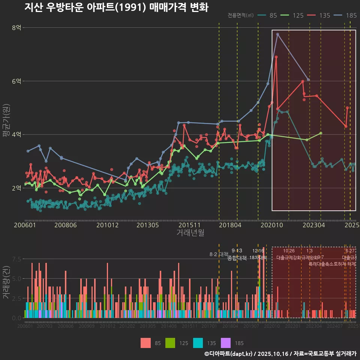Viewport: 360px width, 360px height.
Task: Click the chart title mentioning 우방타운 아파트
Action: [116, 7]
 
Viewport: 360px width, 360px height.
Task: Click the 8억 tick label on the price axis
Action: [16, 28]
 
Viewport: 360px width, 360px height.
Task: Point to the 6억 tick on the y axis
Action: [16, 81]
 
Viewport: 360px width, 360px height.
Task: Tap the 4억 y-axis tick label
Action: [16, 135]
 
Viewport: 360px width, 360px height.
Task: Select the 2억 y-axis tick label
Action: [16, 188]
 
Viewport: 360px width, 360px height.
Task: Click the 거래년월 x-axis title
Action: [190, 233]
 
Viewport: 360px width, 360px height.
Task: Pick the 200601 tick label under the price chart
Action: [25, 225]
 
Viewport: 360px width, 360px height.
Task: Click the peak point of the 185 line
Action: [277, 34]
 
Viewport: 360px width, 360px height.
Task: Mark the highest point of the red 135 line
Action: [276, 57]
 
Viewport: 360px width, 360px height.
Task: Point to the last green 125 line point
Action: [321, 133]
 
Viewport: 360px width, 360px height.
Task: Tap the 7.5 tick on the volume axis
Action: [17, 259]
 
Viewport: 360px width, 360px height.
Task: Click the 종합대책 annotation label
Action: [237, 258]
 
